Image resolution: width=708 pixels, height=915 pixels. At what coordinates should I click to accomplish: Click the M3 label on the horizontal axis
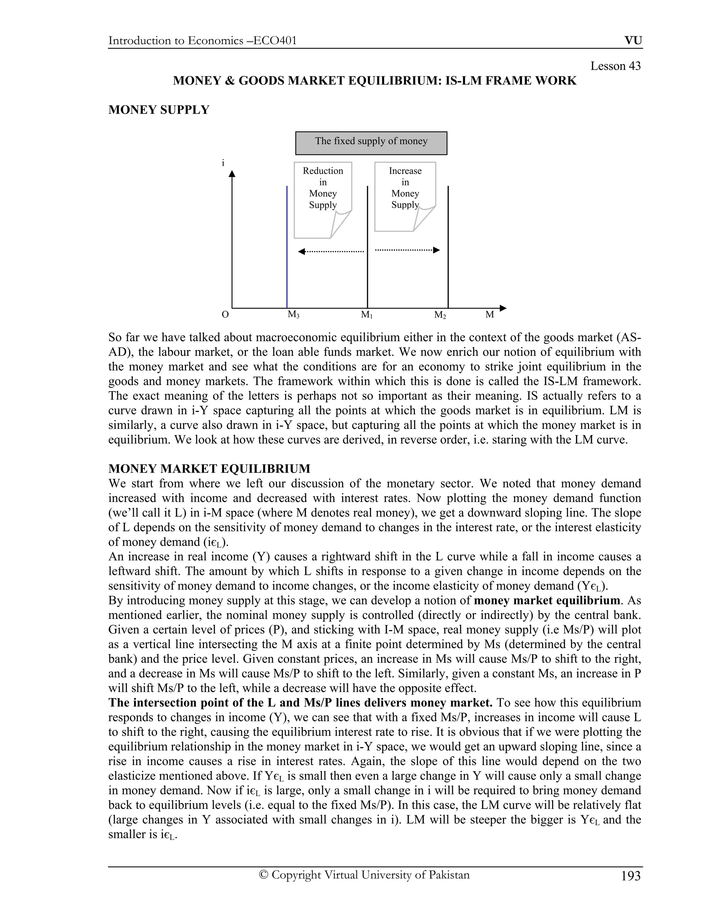pyautogui.click(x=293, y=314)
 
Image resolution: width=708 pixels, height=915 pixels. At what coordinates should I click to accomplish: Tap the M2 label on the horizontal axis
pyautogui.click(x=440, y=315)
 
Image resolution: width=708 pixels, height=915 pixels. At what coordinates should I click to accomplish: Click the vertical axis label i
pyautogui.click(x=223, y=163)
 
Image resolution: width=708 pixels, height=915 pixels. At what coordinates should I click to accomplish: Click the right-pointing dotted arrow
pyautogui.click(x=407, y=250)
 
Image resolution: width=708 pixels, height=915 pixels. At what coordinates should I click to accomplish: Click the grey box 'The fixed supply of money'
pyautogui.click(x=371, y=143)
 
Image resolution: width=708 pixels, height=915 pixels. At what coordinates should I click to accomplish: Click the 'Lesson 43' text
pyautogui.click(x=615, y=66)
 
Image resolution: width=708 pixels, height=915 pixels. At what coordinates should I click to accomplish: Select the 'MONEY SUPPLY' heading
pyautogui.click(x=159, y=110)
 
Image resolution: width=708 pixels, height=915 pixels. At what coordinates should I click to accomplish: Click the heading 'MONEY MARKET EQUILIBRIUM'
pyautogui.click(x=209, y=469)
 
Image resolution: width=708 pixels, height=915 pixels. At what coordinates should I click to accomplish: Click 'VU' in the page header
pyautogui.click(x=633, y=41)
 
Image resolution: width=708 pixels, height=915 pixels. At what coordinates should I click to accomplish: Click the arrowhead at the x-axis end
pyautogui.click(x=503, y=308)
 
